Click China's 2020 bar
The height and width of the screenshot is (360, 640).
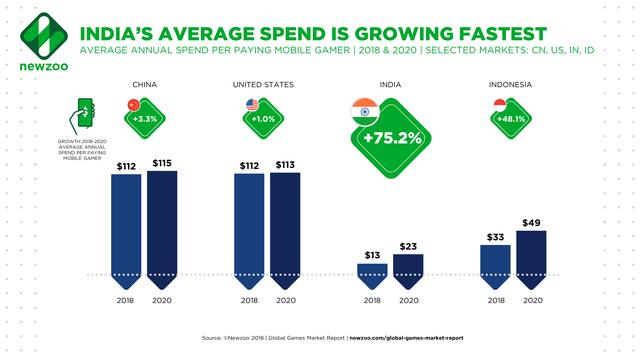click(x=162, y=224)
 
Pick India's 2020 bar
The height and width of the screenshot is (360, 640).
click(x=407, y=266)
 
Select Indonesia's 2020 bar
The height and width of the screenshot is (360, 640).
click(x=531, y=254)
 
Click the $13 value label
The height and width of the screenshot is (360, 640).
click(x=371, y=255)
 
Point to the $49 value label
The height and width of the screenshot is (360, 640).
click(x=531, y=221)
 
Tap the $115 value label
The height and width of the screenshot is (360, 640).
click(x=162, y=162)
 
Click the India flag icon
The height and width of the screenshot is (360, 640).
click(x=364, y=108)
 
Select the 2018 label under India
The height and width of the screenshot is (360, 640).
click(x=371, y=300)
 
